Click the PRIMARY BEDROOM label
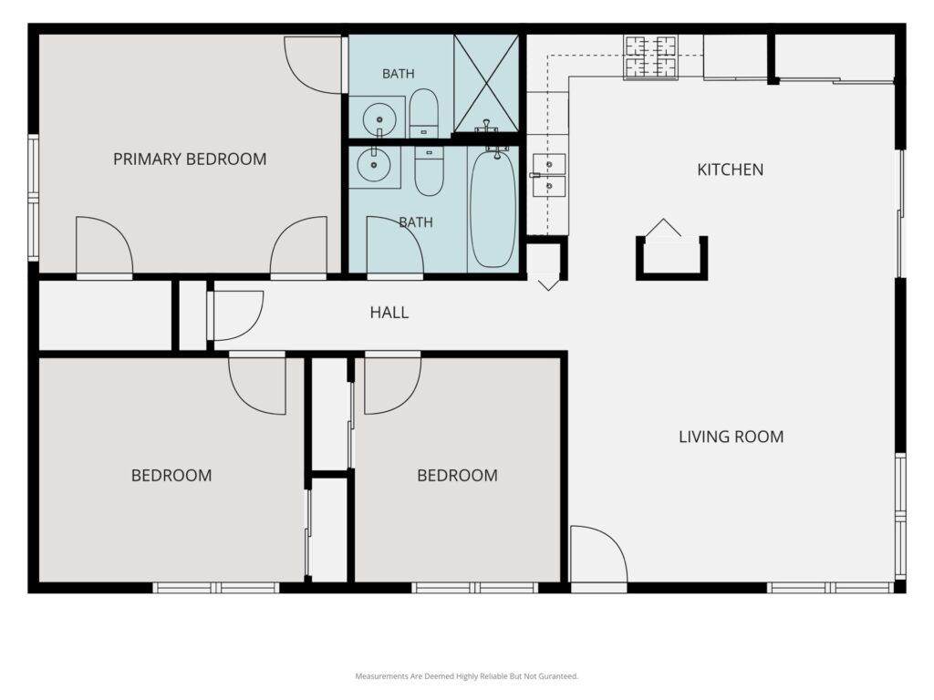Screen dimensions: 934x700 point(190,159)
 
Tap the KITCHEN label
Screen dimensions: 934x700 point(731,170)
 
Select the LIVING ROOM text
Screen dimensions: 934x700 point(731,437)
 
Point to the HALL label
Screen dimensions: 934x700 point(389,313)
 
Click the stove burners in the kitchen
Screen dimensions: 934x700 point(650,57)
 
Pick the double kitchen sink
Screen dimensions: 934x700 point(548,175)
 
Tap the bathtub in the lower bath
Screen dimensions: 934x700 point(493,210)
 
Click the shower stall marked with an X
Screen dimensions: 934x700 point(486,83)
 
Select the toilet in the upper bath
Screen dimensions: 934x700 point(423,113)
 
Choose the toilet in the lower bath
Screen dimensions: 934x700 point(429,170)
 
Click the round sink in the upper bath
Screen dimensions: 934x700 point(379,118)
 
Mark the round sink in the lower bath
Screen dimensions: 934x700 point(374,164)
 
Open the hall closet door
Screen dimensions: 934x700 point(234,314)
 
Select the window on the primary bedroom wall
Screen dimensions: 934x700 point(34,198)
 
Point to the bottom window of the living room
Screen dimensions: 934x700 point(830,588)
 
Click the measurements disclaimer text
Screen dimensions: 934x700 point(466,676)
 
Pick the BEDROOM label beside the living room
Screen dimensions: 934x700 point(457,476)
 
